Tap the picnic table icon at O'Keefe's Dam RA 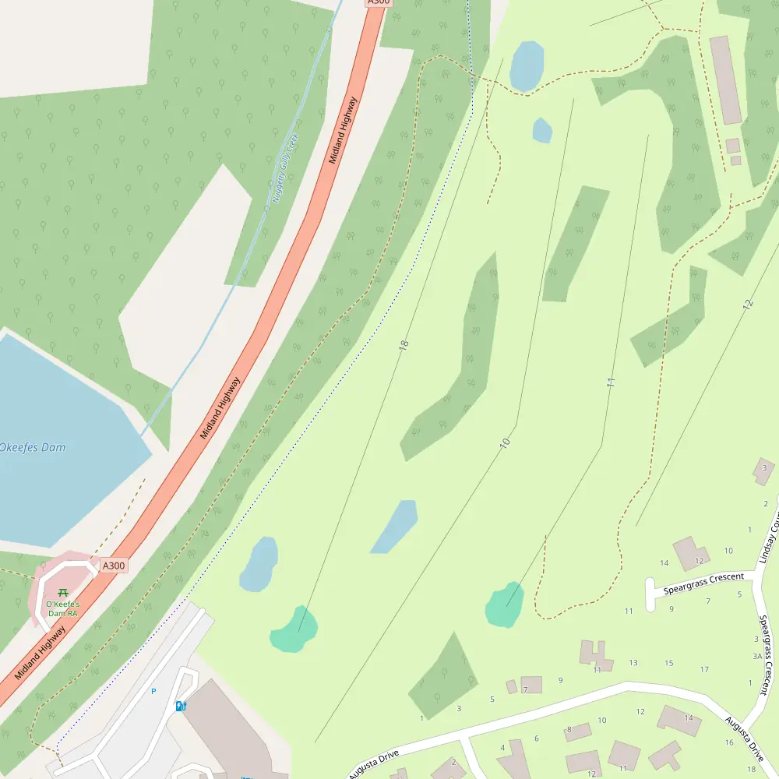pos(62,593)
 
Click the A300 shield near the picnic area pos(113,566)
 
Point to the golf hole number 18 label pos(404,344)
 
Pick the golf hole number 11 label pos(611,382)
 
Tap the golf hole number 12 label pos(749,305)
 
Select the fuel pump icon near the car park pos(181,706)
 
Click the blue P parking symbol pos(153,691)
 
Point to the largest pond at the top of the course pos(527,65)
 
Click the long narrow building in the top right pos(725,79)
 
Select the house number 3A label pos(756,656)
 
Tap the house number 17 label pos(704,669)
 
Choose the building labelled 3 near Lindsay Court pos(763,471)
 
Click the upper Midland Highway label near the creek pos(343,130)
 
